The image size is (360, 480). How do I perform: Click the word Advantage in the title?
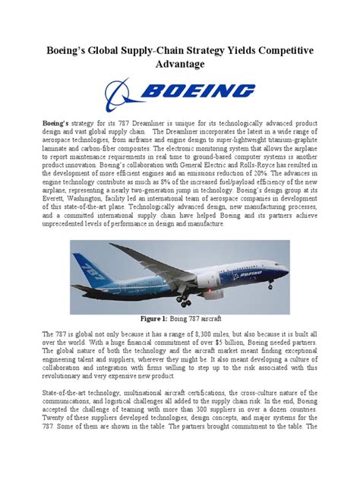tap(180, 64)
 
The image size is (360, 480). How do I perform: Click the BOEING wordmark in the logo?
tap(199, 92)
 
